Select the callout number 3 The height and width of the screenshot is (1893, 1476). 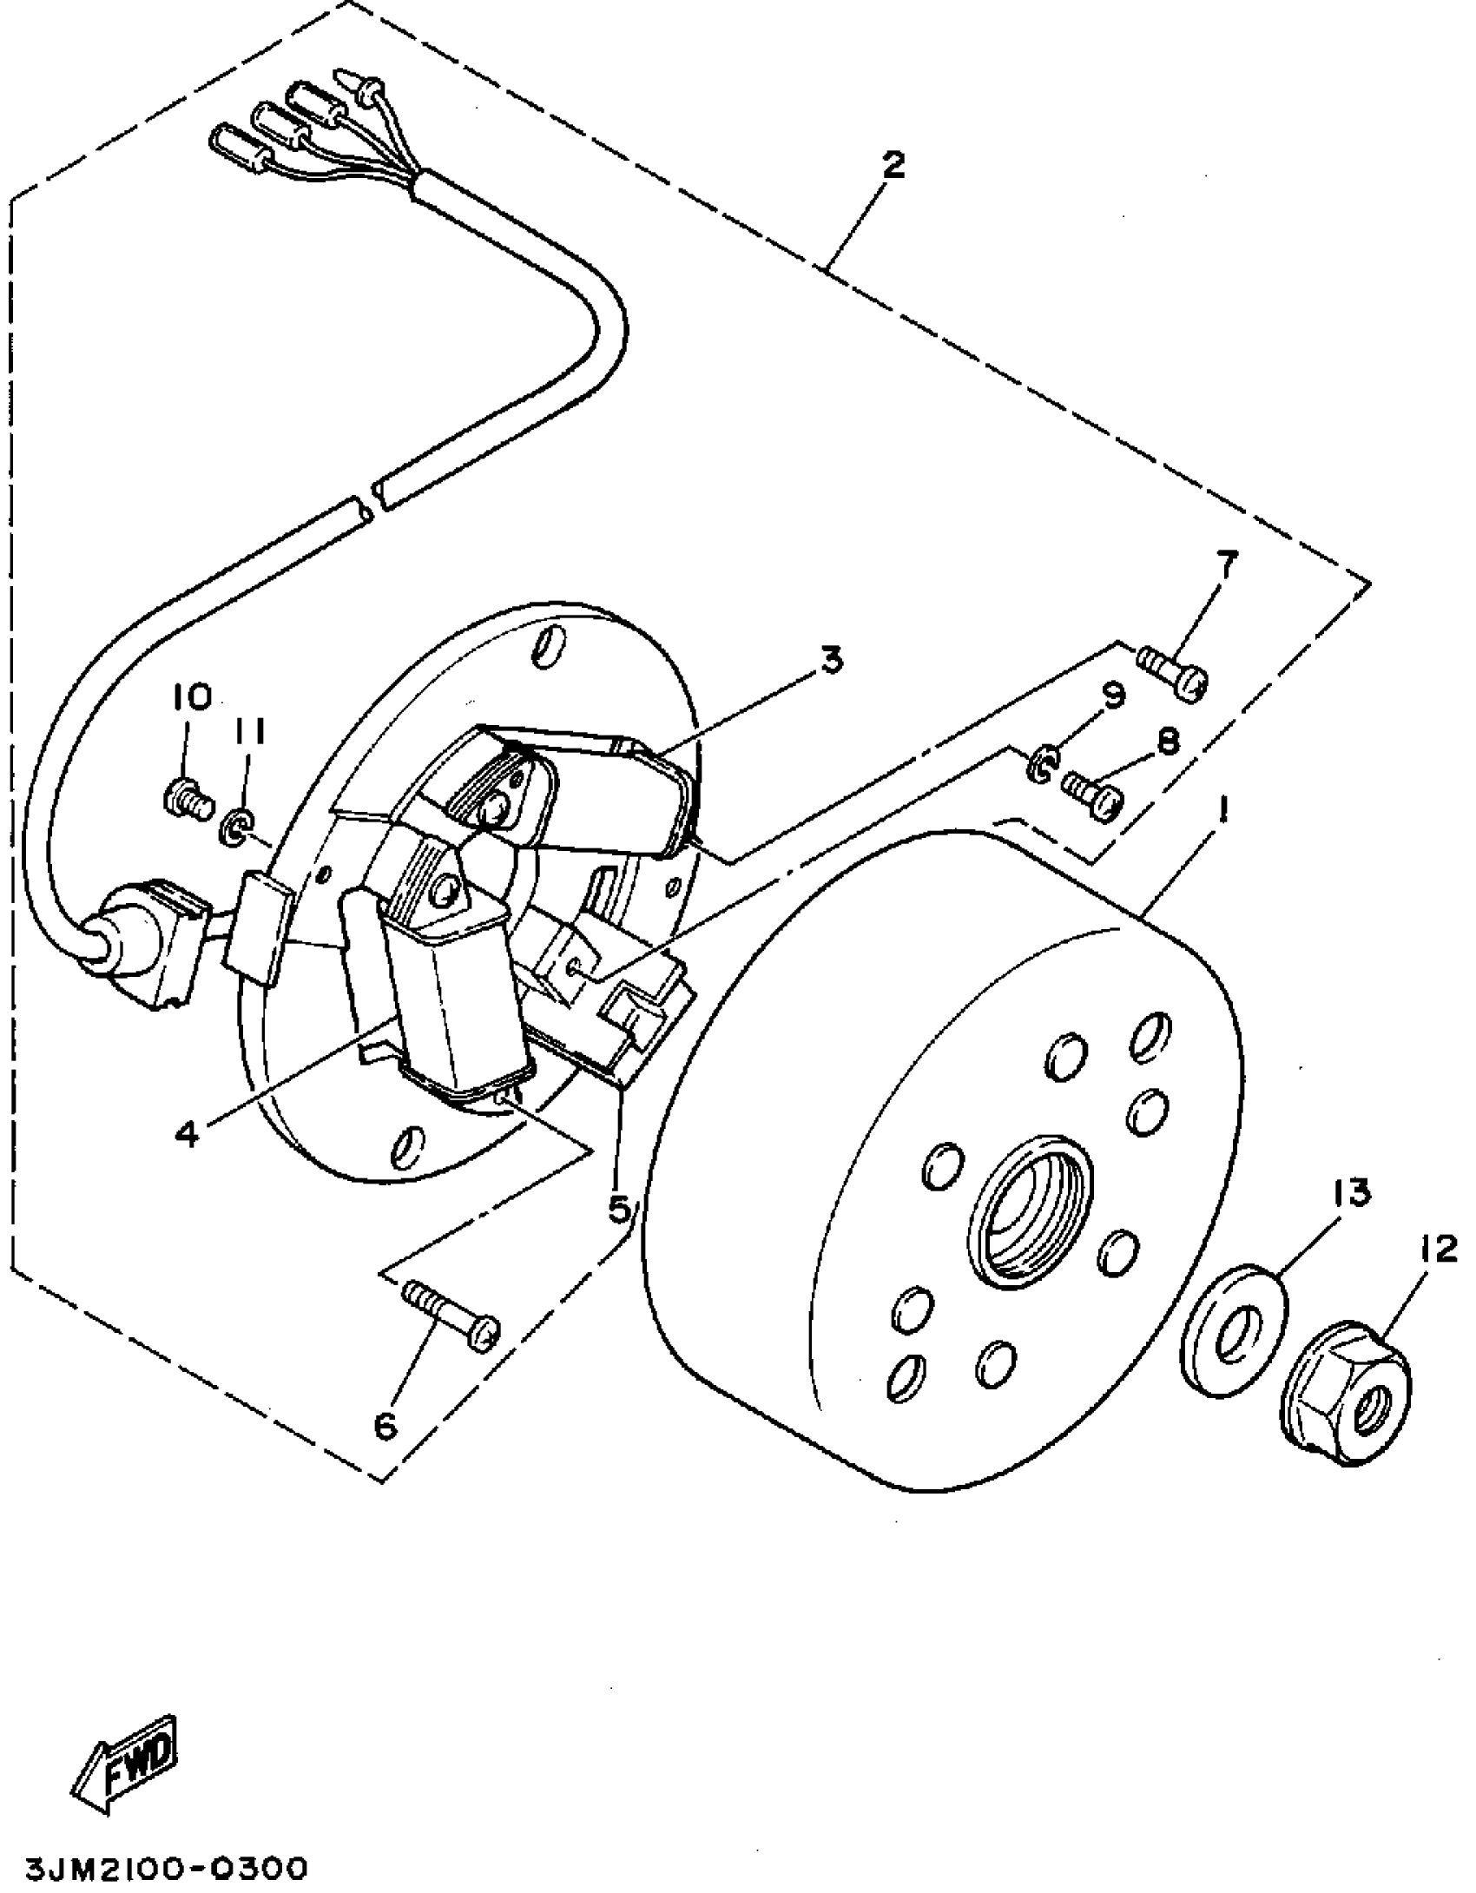point(831,662)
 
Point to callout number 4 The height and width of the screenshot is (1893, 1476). point(190,1132)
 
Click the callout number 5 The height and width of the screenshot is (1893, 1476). point(618,1209)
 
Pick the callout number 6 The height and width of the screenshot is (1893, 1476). point(385,1425)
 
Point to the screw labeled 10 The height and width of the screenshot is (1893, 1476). point(187,794)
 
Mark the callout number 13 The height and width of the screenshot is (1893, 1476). point(1345,1192)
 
